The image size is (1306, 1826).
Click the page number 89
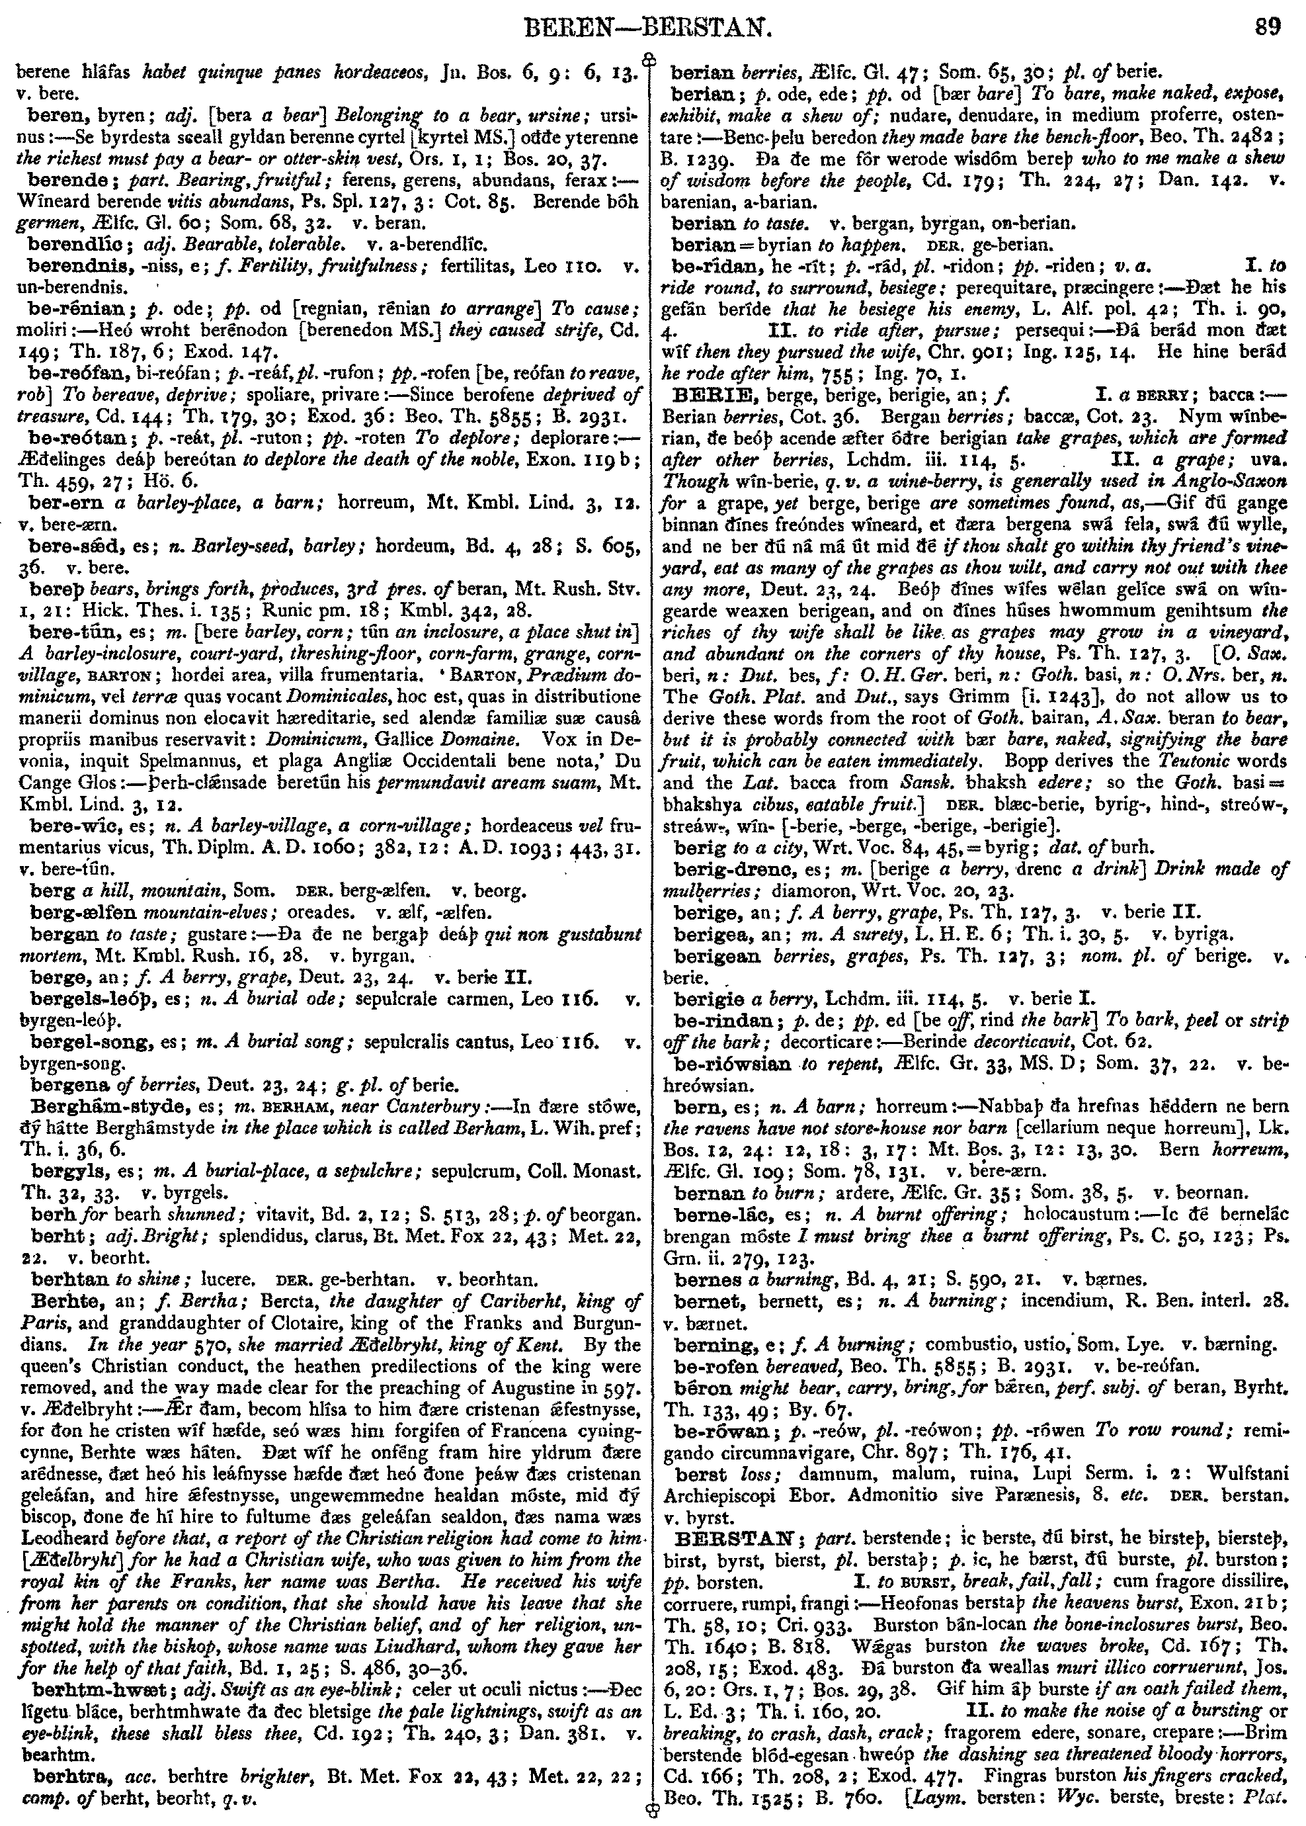pos(1268,30)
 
